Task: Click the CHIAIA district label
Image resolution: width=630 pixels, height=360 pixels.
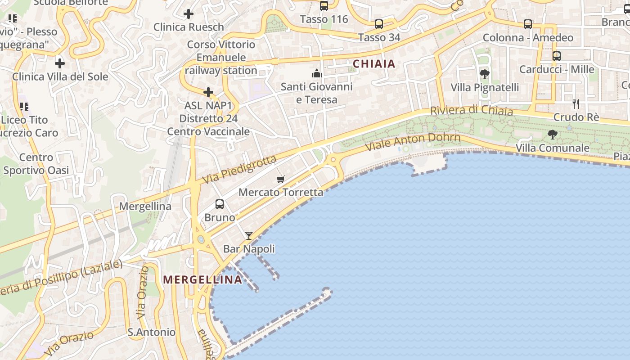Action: click(x=374, y=64)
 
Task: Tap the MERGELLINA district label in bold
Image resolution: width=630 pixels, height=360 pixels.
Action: click(x=202, y=279)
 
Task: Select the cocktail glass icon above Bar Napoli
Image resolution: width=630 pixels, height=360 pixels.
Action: click(x=248, y=235)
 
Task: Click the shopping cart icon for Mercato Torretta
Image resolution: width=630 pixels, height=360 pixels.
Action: click(x=281, y=180)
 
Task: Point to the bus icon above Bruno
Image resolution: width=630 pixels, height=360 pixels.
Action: click(x=220, y=204)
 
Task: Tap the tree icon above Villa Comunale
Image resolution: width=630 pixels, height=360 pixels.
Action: click(x=552, y=134)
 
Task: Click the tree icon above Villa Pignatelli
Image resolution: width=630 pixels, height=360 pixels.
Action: click(x=485, y=74)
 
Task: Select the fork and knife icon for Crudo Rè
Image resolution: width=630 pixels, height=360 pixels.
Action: click(x=576, y=104)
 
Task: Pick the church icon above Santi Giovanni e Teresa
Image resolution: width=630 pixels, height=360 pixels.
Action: click(x=317, y=73)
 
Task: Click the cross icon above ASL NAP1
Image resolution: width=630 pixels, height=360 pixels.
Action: click(x=208, y=92)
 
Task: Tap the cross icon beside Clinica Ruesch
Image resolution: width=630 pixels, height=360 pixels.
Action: click(x=189, y=14)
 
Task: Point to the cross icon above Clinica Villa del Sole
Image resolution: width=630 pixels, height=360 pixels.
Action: click(x=59, y=63)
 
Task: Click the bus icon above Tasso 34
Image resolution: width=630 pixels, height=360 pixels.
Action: click(x=379, y=24)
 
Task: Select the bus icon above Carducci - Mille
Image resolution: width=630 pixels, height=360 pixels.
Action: click(x=557, y=56)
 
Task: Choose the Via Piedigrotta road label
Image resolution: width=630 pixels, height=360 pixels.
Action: click(x=239, y=170)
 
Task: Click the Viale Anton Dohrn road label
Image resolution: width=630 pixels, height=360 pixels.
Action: click(x=413, y=142)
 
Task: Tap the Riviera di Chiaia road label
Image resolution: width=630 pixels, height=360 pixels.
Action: click(x=471, y=110)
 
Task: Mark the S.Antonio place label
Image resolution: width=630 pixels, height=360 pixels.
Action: click(x=151, y=332)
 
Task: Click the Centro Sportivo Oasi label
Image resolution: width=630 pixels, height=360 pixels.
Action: click(x=36, y=164)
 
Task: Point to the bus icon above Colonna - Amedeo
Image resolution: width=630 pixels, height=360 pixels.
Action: click(x=528, y=24)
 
